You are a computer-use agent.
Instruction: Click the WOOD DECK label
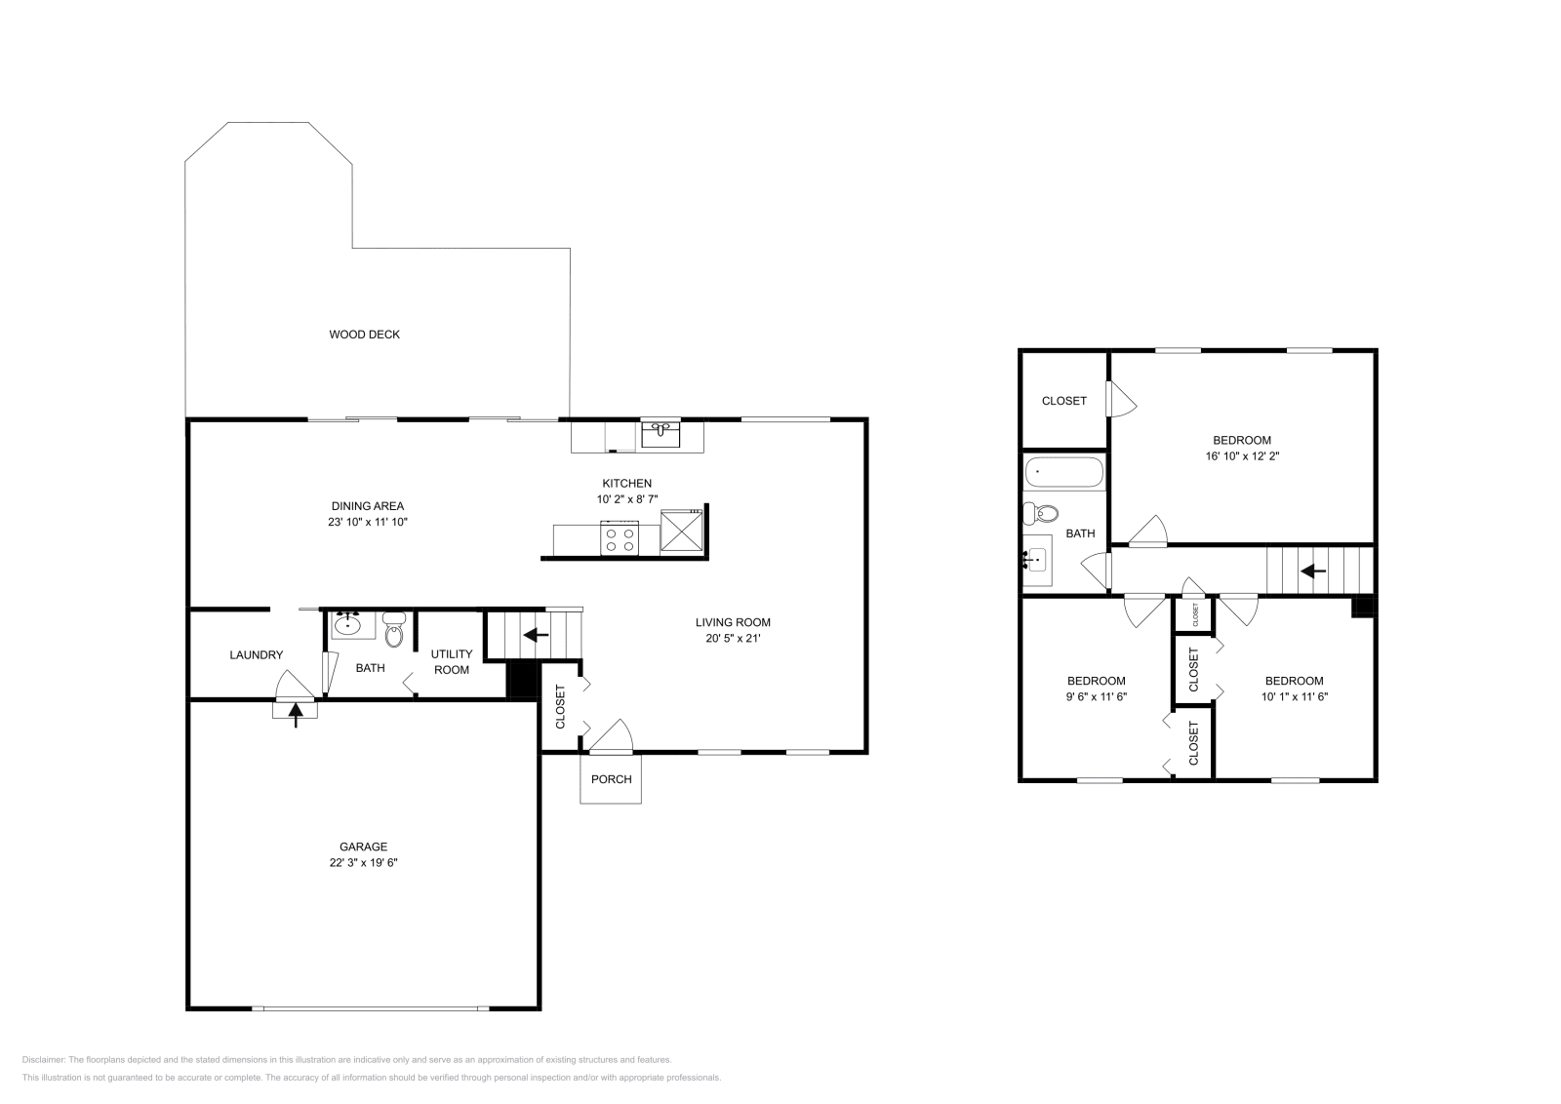364,335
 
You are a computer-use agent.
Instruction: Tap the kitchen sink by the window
660,433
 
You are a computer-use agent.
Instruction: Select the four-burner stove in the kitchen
619,537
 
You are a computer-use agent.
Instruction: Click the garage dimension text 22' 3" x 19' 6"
363,863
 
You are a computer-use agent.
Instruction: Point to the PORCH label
611,779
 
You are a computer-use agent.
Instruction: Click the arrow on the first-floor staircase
536,635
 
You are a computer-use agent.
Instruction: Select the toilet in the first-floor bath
394,630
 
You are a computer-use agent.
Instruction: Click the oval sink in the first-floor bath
347,624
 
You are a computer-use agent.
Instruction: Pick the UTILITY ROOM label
451,661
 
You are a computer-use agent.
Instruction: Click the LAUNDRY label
256,655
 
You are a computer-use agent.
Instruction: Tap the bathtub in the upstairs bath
1063,473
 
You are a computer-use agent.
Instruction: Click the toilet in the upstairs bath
1041,513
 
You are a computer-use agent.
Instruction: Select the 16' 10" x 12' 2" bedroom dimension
1242,455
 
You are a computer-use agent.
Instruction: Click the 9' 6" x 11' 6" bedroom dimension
1096,697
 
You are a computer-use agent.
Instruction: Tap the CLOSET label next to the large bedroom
1063,401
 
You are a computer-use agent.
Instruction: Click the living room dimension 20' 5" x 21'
732,639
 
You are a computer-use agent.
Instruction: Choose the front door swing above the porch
612,738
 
